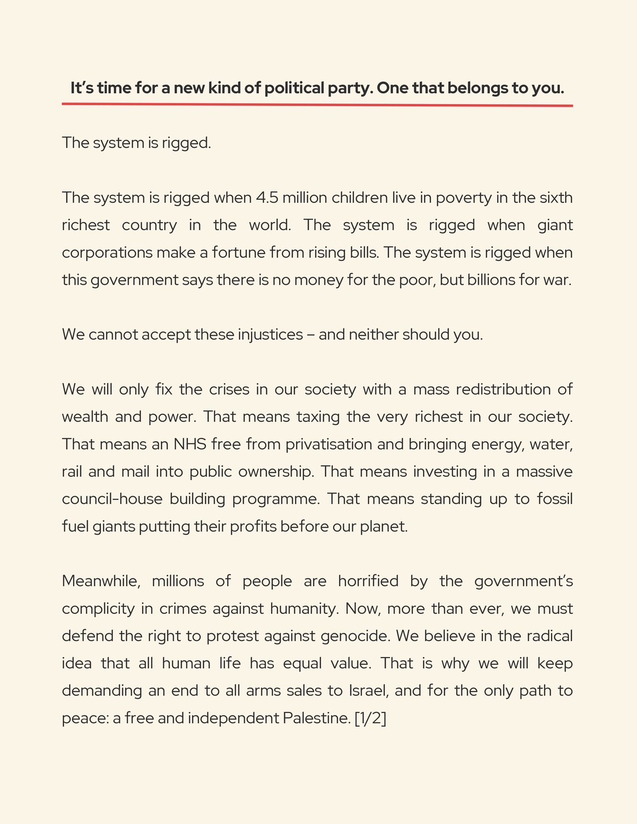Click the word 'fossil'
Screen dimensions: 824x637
pos(553,499)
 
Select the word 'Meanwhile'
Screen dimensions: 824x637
pos(100,582)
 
